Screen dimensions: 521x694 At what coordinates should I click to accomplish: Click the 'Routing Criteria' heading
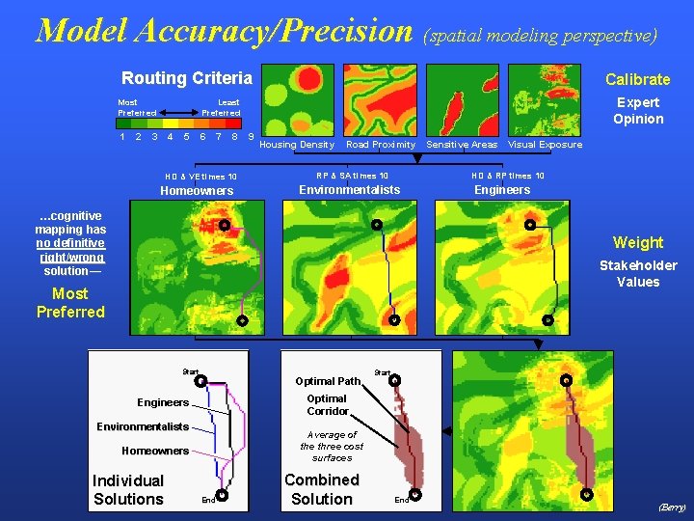point(186,78)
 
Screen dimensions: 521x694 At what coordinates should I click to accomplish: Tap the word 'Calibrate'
point(637,79)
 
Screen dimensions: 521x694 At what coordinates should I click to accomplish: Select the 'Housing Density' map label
point(297,145)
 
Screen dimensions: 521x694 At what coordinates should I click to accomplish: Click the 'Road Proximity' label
point(381,145)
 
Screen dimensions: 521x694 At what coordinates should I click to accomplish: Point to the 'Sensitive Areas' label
point(462,145)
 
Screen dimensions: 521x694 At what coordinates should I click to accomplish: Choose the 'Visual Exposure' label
point(545,145)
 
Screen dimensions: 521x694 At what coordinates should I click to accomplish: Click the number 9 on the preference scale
point(252,136)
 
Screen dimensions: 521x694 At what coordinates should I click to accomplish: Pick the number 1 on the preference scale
point(121,136)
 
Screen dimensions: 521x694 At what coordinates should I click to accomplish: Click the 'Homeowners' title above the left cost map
point(197,191)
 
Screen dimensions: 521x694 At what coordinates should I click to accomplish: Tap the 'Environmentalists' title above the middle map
point(349,190)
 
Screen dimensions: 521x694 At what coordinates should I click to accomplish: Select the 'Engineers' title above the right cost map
point(502,190)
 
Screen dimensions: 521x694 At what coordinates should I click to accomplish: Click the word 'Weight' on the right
point(637,242)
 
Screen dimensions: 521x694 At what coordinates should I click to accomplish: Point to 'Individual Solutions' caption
point(128,489)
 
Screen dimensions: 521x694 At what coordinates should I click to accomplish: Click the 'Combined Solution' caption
point(321,489)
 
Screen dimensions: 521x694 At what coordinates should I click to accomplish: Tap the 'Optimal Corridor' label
point(327,404)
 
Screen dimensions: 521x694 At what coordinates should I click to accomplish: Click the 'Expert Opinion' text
point(638,110)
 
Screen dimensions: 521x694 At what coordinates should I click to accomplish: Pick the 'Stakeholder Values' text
point(638,273)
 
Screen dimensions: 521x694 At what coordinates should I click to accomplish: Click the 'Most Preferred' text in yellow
point(70,302)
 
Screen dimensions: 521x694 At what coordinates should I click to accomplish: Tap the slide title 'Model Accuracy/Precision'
point(224,30)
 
